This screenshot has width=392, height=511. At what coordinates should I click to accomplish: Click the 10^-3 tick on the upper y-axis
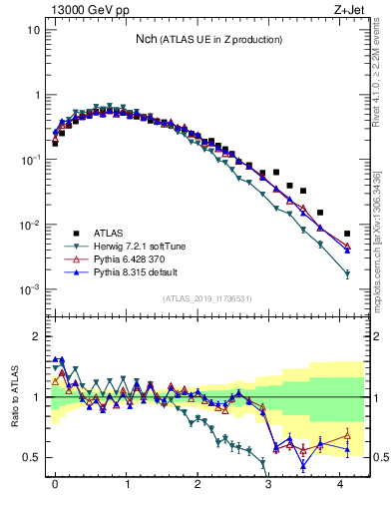coord(30,289)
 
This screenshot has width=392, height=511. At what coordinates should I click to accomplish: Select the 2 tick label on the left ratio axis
coord(36,336)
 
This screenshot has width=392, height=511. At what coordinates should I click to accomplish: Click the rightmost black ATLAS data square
coord(347,235)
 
